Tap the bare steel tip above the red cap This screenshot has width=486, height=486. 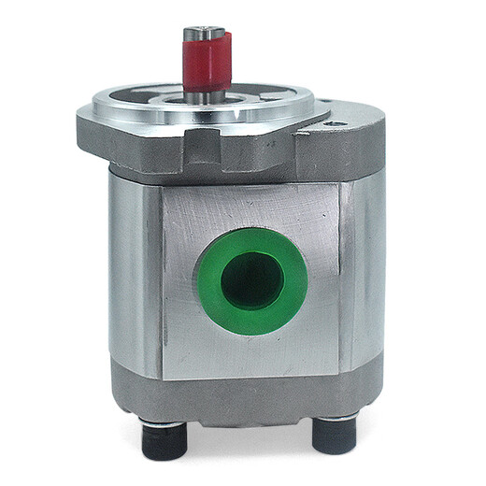coord(205,35)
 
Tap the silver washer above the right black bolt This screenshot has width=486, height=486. coord(334,419)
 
